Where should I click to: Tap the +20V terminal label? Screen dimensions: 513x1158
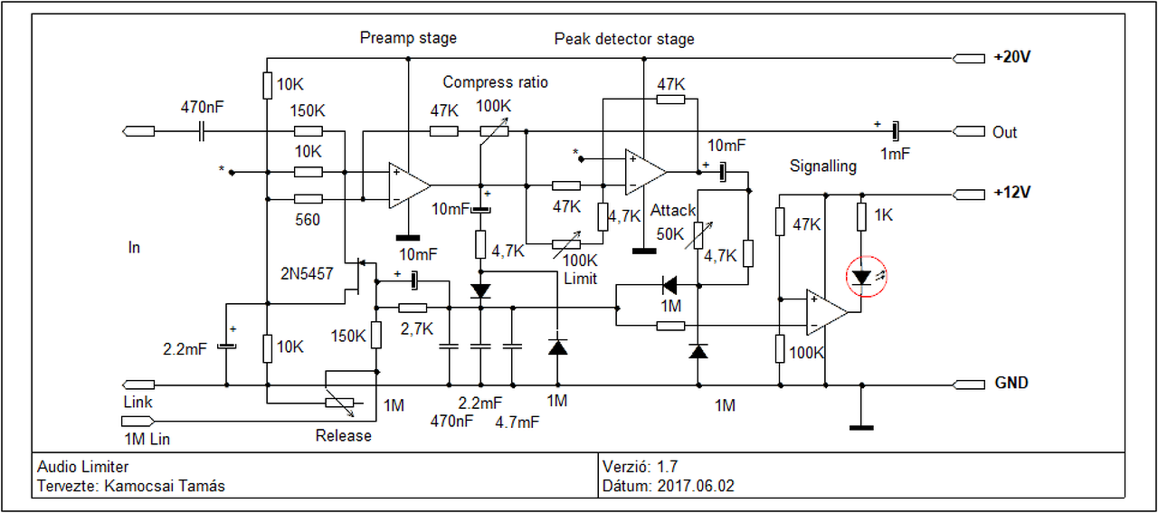(1011, 56)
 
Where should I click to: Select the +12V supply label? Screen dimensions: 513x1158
(1011, 193)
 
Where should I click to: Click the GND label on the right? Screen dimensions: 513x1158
(1011, 383)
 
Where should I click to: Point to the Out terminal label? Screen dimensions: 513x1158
(1004, 131)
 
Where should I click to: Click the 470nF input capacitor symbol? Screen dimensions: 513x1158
(203, 132)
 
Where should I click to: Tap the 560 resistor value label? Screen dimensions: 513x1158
(308, 220)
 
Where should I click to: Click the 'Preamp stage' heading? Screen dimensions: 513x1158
(408, 38)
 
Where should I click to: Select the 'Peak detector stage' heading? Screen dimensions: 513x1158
(624, 39)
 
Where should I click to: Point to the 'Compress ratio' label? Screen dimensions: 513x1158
(495, 82)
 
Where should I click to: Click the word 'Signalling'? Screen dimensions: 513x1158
(822, 166)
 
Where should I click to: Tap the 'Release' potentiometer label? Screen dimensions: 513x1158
(343, 436)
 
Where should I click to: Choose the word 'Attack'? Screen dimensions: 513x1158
(673, 211)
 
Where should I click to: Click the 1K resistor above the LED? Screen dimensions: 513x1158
(862, 216)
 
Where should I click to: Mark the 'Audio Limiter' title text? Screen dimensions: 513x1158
(83, 467)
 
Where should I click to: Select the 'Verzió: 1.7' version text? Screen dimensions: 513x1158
(640, 467)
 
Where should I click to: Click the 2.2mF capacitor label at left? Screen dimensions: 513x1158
(185, 347)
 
